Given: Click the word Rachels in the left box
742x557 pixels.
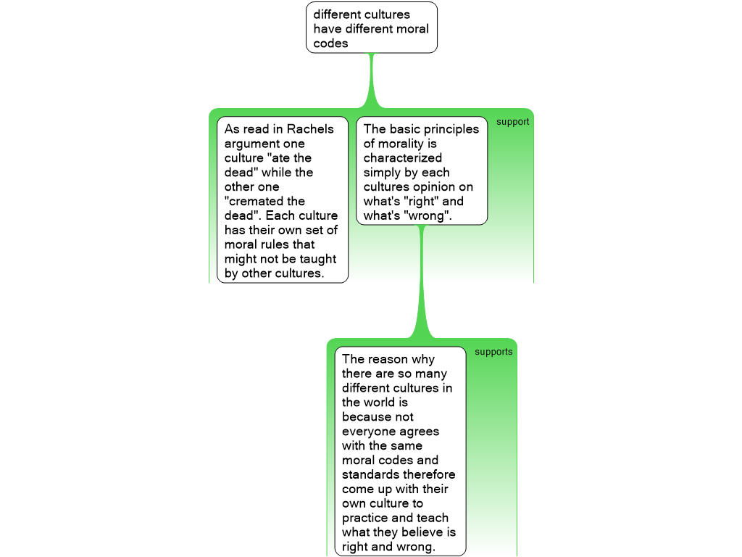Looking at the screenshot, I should [x=310, y=129].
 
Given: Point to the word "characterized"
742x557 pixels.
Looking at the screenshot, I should [x=402, y=158].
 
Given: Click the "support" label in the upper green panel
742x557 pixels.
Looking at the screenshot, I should [x=512, y=122].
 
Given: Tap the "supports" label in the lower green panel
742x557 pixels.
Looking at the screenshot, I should [x=493, y=352].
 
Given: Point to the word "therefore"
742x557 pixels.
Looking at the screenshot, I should [x=430, y=475].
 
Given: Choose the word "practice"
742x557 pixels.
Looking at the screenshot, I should [x=367, y=519].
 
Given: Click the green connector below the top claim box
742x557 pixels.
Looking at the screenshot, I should [x=372, y=80].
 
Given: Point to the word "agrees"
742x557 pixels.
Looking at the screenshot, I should [x=419, y=432].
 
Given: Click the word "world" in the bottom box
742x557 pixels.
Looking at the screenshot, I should [x=380, y=403].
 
